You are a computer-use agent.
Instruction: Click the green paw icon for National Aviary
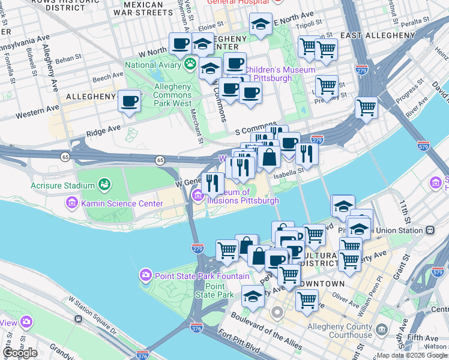point(191,64)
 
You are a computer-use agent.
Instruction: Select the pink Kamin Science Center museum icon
point(73,203)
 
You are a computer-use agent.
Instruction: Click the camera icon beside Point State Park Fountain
point(145,276)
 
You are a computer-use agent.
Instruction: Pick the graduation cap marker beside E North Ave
point(260,24)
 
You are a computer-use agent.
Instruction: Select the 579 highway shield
point(423,145)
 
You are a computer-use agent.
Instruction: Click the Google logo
point(20,353)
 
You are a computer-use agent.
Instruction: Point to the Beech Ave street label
point(108,77)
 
